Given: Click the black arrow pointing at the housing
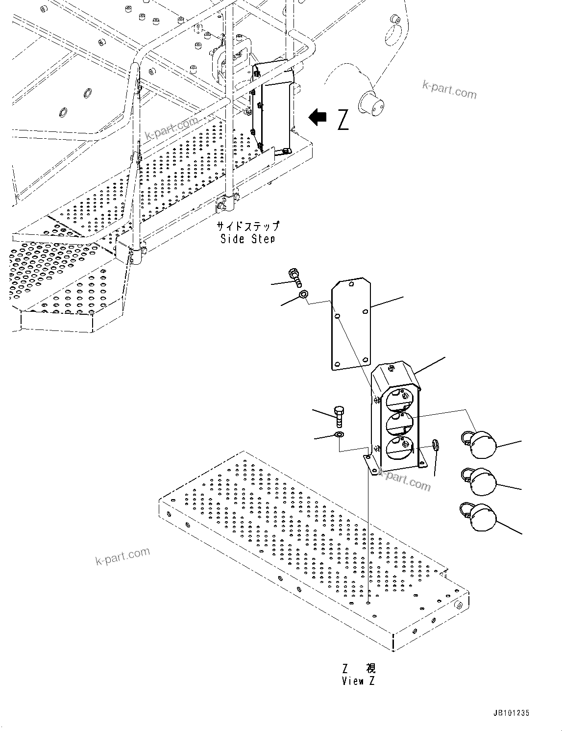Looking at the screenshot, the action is point(318,117).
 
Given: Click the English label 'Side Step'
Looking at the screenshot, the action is point(247,239).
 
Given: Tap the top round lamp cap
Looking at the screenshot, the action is point(481,444).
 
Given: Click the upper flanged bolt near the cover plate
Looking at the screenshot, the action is point(295,276).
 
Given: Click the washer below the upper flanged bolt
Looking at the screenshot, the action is point(304,295).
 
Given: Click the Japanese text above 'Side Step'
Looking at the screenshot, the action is point(248,226).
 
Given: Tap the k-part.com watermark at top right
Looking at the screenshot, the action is point(449,89).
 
